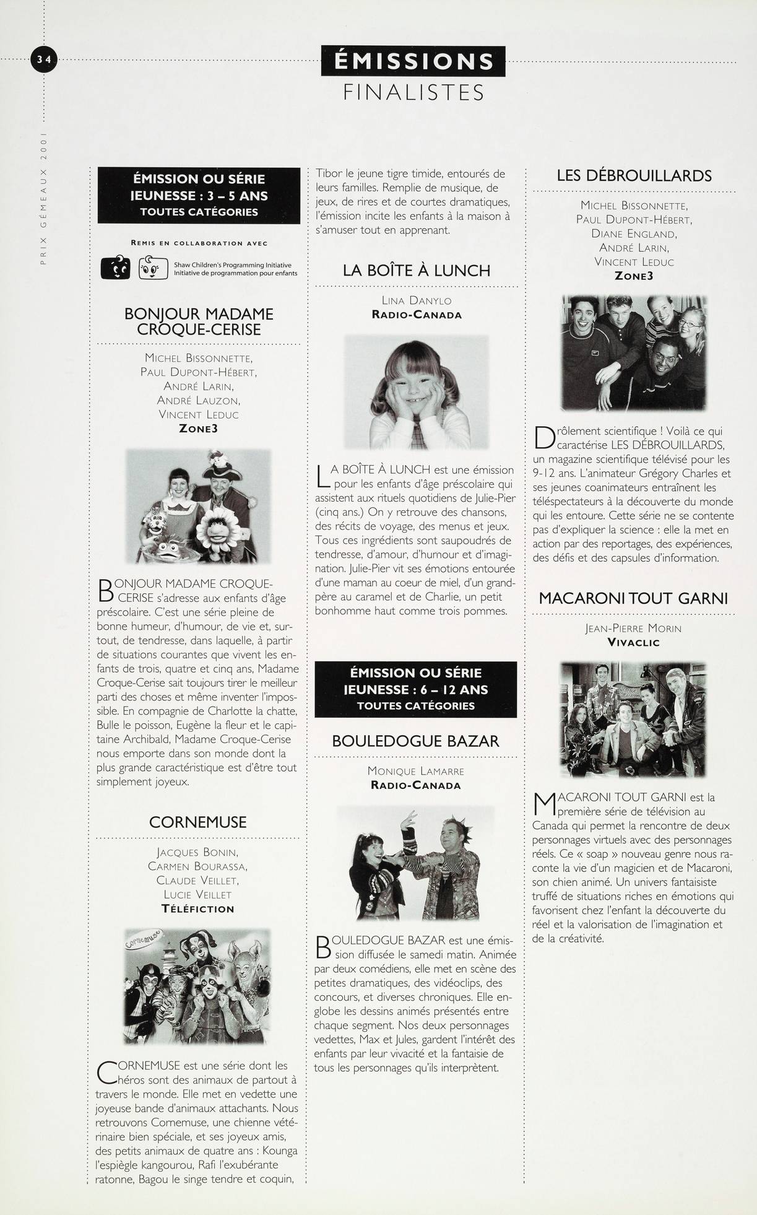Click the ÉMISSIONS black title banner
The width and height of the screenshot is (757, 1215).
point(413,61)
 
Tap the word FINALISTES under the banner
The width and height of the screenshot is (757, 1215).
point(413,92)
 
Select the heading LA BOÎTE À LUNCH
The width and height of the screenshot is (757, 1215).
point(416,271)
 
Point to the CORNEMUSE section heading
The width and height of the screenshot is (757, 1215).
point(197,822)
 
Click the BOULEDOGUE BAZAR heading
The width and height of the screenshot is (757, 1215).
point(415,741)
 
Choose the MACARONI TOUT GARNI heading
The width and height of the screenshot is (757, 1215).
point(633,598)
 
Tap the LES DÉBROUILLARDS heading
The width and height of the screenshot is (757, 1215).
point(634,176)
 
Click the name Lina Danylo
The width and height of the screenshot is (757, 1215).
point(416,301)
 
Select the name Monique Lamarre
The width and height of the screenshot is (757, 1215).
point(415,771)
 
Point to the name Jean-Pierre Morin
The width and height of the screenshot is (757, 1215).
point(633,629)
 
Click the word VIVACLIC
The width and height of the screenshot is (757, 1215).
point(633,642)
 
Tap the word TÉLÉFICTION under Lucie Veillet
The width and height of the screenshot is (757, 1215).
point(197,909)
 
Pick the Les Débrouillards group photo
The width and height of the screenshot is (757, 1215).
point(633,353)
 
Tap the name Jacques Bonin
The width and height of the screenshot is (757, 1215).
point(197,853)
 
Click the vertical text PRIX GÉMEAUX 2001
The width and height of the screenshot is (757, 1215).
point(43,199)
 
